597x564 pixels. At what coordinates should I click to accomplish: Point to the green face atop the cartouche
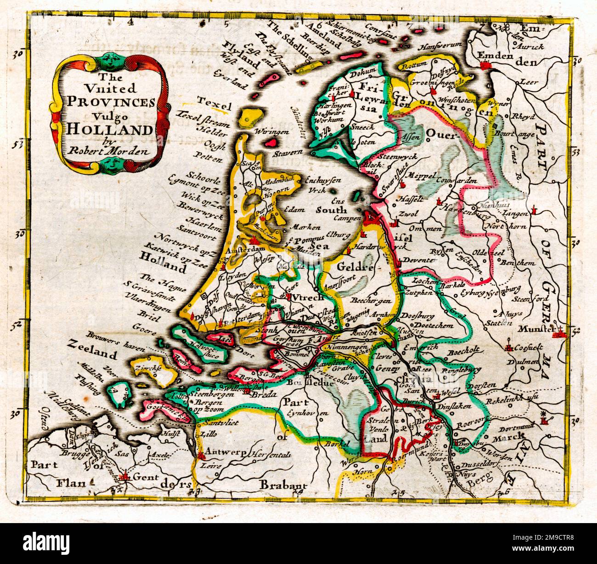tap(109, 58)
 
